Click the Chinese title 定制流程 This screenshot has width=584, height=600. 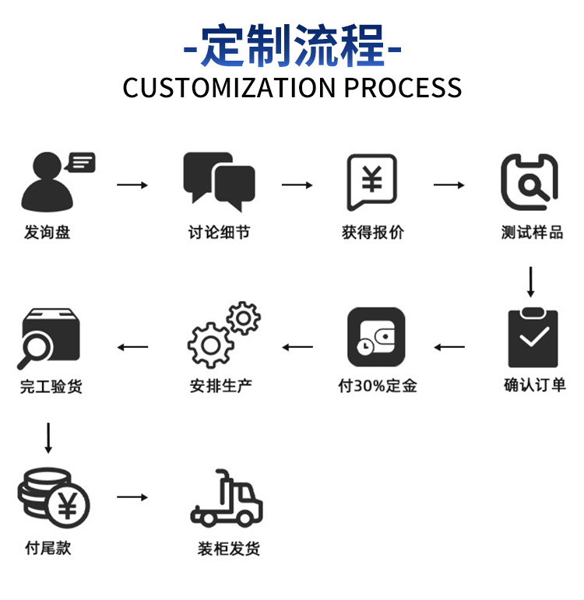point(293,45)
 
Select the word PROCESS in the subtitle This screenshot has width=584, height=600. point(403,87)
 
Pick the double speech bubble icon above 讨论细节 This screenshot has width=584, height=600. point(219,182)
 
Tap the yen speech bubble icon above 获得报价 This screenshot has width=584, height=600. point(372,182)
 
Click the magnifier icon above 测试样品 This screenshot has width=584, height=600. point(529,182)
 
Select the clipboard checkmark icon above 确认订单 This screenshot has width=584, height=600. point(533,337)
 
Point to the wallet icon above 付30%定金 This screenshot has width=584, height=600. point(376,337)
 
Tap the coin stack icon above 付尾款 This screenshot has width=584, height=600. point(53,497)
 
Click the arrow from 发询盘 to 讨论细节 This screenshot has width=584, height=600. point(132,184)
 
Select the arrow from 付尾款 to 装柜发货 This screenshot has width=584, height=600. point(132,496)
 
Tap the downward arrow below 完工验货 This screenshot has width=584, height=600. point(48,438)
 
